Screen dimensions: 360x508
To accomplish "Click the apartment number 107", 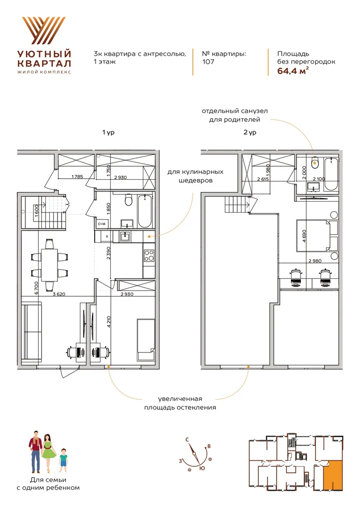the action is pos(208,61).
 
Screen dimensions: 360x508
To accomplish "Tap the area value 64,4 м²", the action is pos(293,71).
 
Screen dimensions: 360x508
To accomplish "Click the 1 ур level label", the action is pos(108,132).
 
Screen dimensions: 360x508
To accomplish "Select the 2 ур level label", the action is pos(250,132).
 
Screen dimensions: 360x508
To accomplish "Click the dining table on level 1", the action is pos(49,265).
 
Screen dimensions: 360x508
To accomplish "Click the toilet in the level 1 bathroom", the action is pos(129,200).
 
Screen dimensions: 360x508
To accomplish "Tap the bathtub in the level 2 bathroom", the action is pos(331,174).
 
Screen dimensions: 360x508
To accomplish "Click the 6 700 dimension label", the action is pos(36,288).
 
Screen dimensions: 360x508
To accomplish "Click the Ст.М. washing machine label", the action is pos(102,224).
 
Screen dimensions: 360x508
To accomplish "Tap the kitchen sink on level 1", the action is pos(125,237).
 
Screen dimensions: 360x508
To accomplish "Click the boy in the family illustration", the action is pos(63,460).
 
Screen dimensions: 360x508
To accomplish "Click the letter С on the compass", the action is pos(187,440).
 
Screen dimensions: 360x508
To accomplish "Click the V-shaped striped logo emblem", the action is pos(43,30).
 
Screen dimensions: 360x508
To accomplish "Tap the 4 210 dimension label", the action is pos(109,322).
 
